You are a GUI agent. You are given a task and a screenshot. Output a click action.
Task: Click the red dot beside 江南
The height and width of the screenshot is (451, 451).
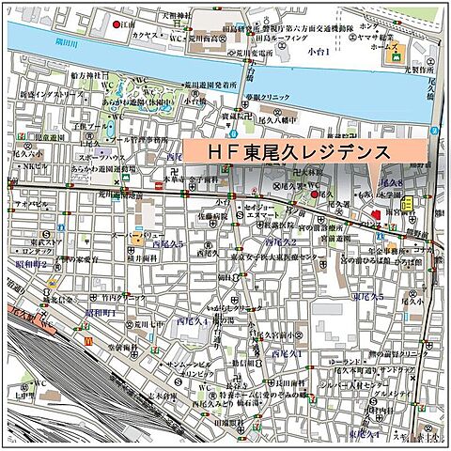pos(117,23)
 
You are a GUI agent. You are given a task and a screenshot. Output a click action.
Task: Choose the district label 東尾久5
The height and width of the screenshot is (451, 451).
pos(368,296)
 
